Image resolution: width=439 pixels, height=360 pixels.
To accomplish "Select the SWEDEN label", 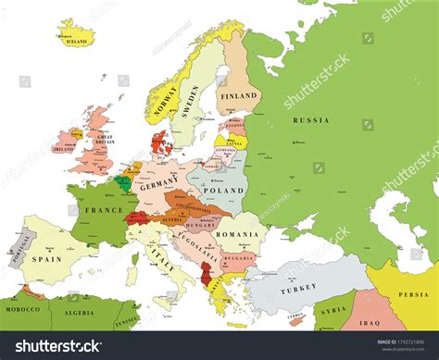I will (192, 100).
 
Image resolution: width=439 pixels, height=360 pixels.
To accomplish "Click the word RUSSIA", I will (310, 120).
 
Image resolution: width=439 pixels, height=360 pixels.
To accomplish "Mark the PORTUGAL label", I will (14, 250).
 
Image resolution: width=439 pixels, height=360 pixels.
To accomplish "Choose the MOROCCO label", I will (21, 308).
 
